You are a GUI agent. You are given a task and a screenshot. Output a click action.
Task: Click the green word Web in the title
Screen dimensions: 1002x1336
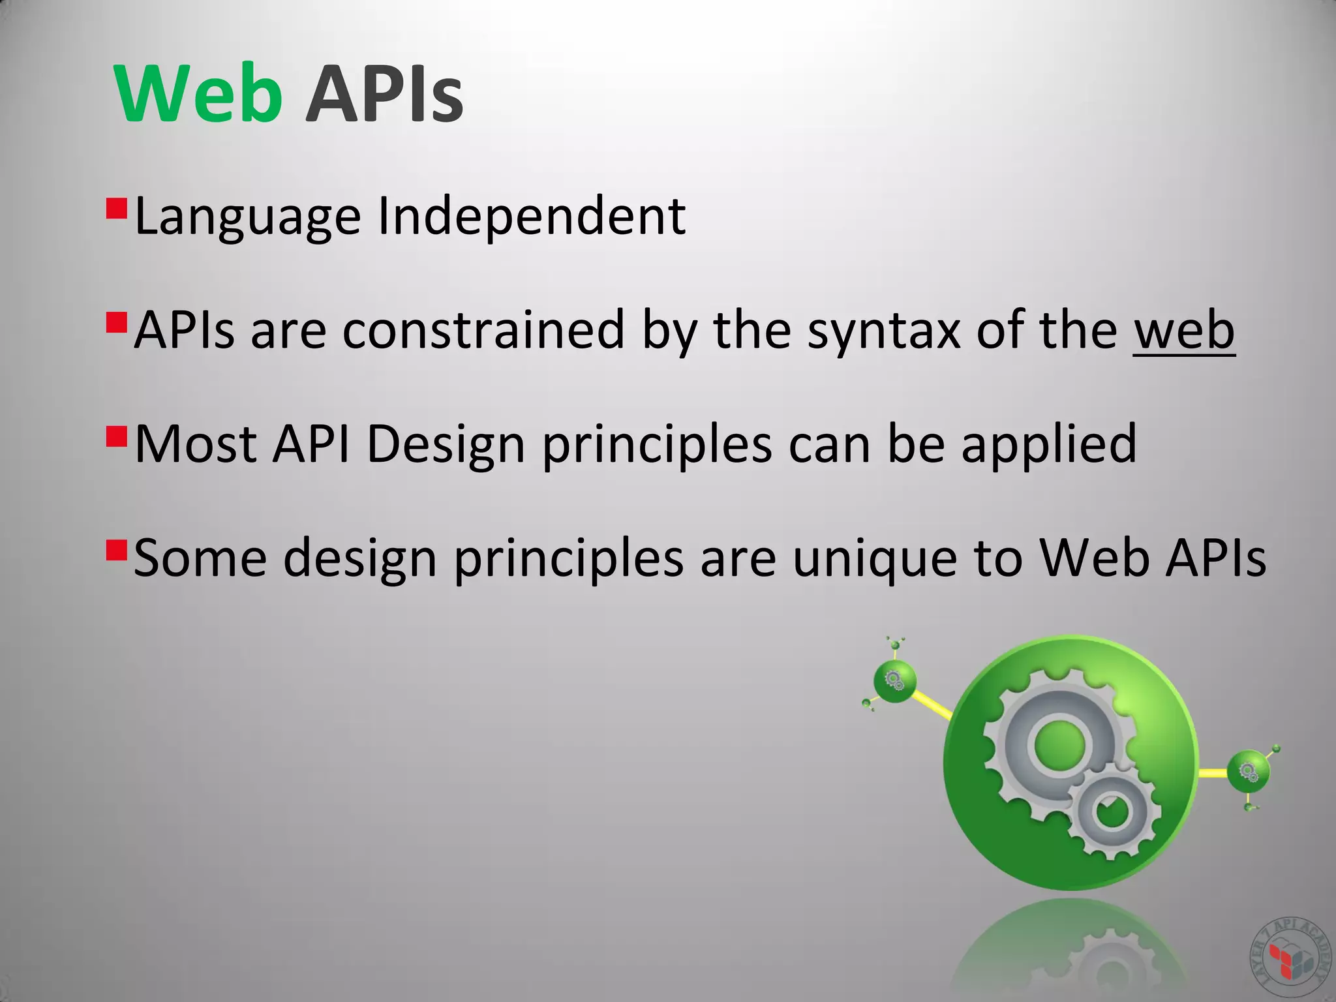coord(198,95)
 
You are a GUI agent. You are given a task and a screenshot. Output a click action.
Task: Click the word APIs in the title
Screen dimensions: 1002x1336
coord(384,95)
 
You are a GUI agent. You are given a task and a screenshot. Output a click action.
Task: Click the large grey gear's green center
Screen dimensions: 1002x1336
coord(1059,744)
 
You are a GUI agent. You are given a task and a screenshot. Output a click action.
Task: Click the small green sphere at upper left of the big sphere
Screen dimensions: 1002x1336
coord(895,680)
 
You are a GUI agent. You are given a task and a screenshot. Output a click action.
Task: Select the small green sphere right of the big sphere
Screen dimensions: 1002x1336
coord(1248,772)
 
